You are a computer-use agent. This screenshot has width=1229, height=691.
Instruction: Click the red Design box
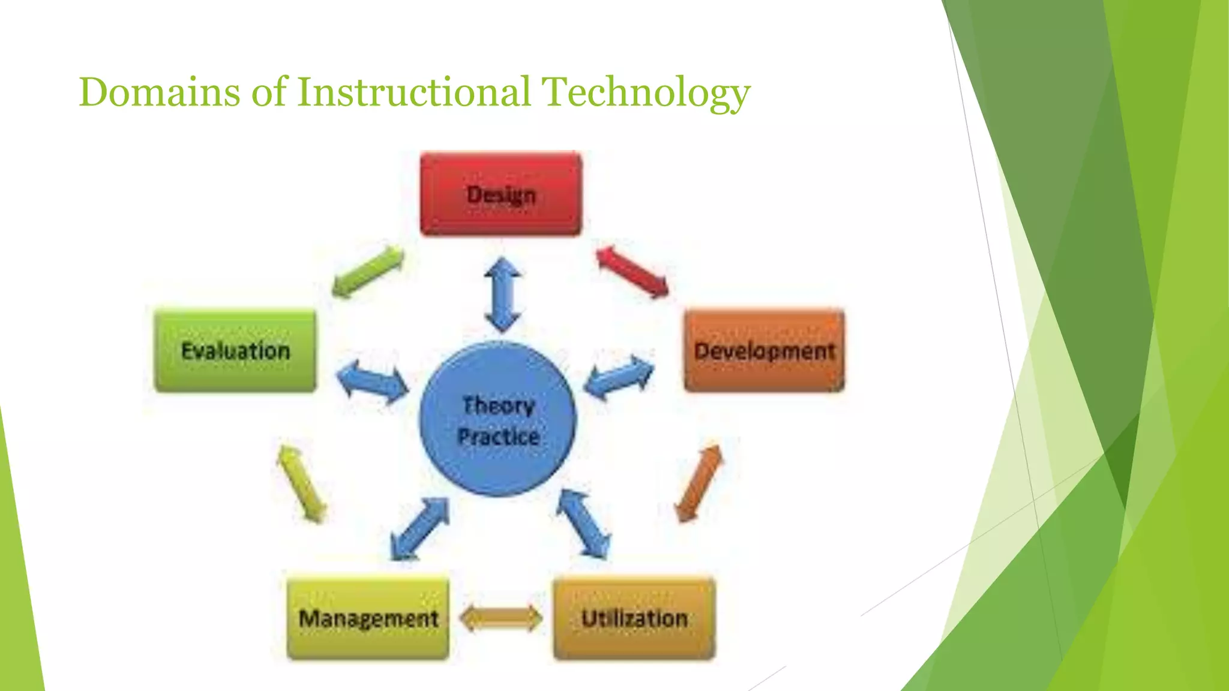point(500,194)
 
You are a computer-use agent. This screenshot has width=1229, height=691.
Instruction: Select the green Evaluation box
point(235,350)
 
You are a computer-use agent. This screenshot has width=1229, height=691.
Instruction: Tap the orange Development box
point(764,350)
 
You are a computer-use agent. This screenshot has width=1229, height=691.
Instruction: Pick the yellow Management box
point(368,618)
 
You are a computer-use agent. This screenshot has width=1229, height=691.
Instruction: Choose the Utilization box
point(634,618)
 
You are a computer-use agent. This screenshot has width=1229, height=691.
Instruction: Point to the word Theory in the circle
point(498,405)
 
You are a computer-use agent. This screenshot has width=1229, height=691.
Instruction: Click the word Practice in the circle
point(498,436)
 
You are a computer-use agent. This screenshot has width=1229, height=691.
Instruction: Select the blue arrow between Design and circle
point(502,295)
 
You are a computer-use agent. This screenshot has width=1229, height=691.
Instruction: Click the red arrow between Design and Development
point(632,272)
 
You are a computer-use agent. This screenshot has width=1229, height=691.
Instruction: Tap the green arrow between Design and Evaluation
point(368,272)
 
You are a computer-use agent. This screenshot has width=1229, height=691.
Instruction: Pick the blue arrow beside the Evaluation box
point(372,381)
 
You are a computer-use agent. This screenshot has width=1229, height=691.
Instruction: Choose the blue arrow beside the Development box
point(619,378)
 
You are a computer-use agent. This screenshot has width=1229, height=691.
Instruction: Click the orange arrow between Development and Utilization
point(699,483)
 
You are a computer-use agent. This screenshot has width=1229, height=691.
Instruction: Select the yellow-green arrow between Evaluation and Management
point(302,483)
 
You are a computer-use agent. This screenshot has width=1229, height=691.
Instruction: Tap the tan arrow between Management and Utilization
point(500,618)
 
